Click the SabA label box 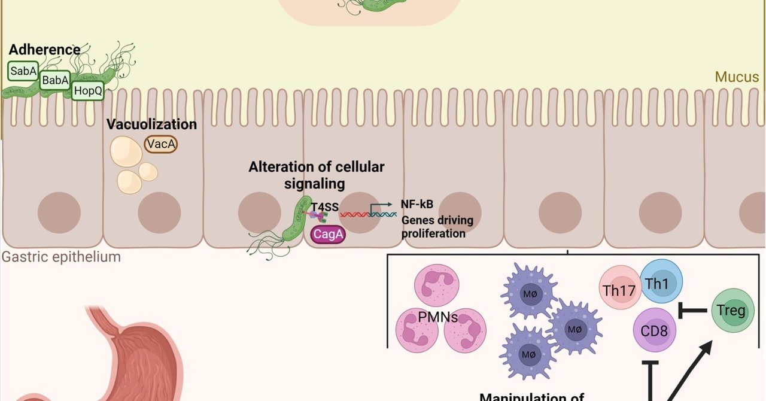tap(23, 71)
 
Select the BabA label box tap(56, 80)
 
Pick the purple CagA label tap(328, 235)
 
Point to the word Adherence tap(44, 50)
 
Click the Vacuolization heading tap(151, 124)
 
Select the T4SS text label tap(325, 208)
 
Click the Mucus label tap(737, 77)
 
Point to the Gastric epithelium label tap(61, 257)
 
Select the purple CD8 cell tap(654, 330)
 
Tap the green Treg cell tap(733, 310)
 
